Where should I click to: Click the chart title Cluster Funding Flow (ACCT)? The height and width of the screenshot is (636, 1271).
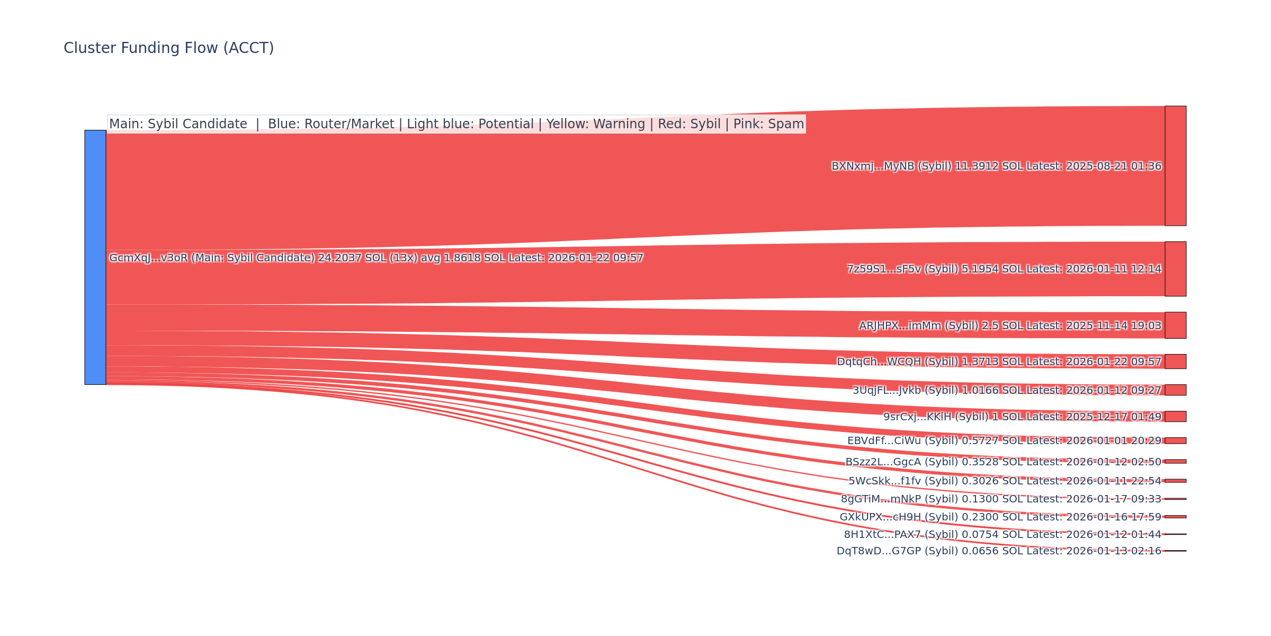click(168, 48)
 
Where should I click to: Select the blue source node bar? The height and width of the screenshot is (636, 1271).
click(95, 257)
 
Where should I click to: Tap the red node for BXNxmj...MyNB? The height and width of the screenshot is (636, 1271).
click(1175, 166)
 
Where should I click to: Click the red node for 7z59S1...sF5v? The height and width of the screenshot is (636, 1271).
click(1175, 269)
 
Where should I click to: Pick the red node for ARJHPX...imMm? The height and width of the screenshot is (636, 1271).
click(1175, 325)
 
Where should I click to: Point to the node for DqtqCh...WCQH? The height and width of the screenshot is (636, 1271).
click(1175, 361)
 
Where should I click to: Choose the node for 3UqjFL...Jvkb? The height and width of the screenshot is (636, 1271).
click(1175, 390)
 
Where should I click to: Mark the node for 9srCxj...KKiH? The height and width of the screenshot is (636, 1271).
click(1175, 417)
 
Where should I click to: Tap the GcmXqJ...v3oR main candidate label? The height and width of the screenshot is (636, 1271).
click(376, 258)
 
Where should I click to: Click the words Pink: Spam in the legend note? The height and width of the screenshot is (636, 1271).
click(768, 124)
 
